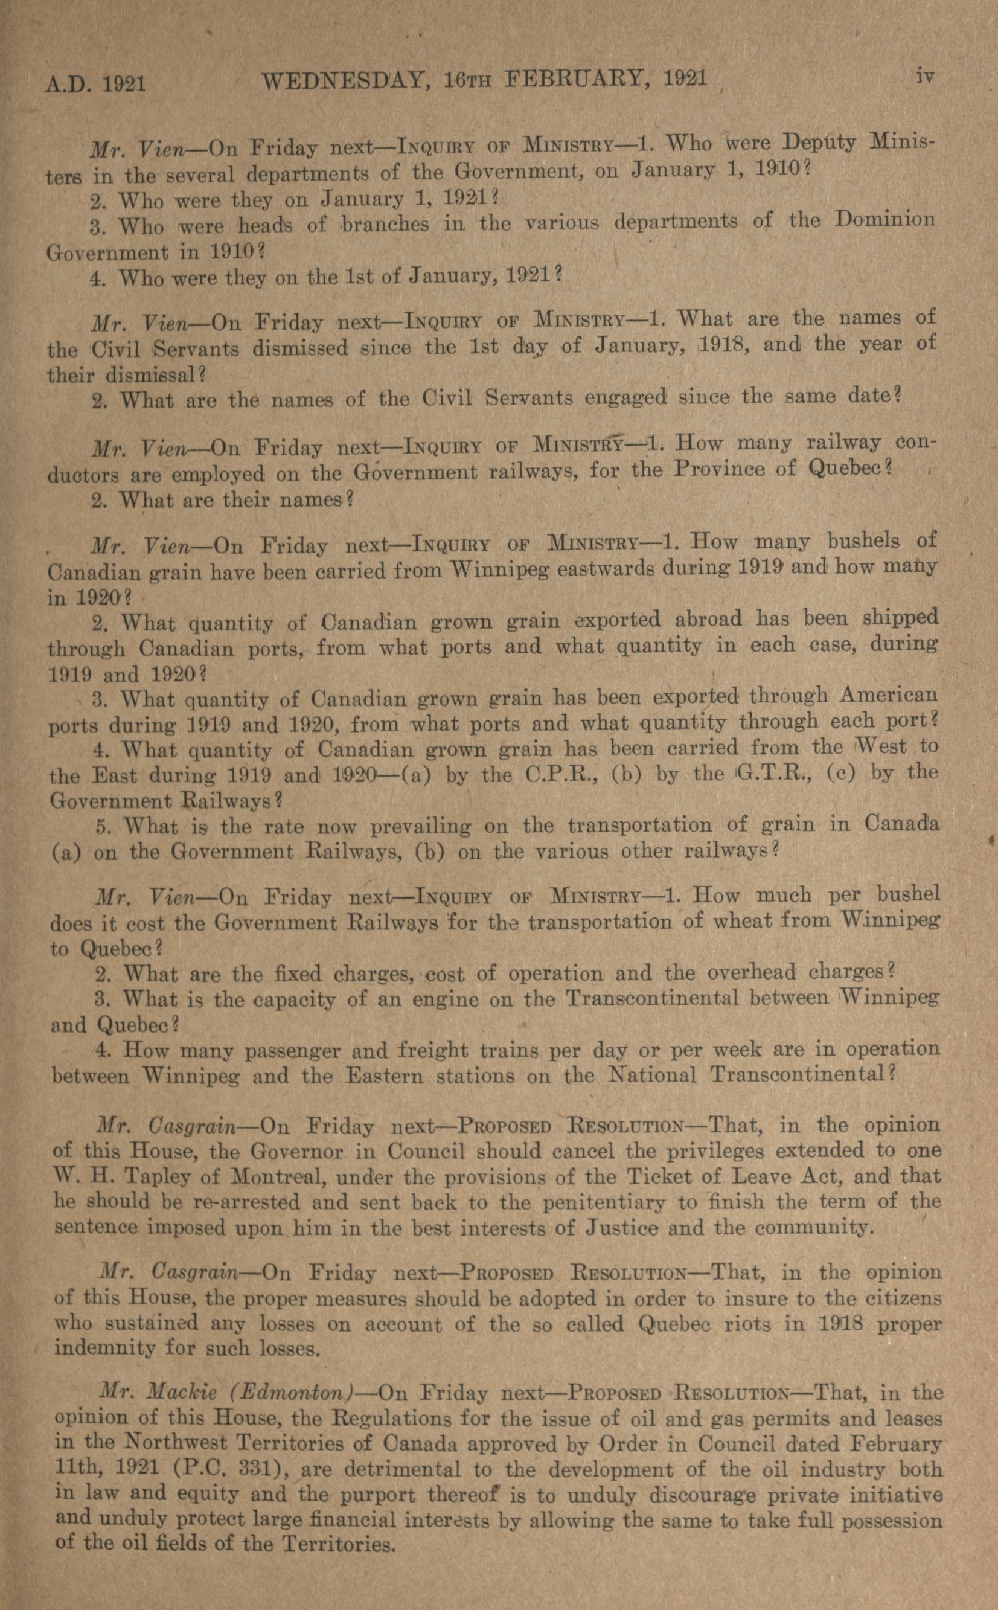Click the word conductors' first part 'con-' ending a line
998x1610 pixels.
point(917,441)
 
